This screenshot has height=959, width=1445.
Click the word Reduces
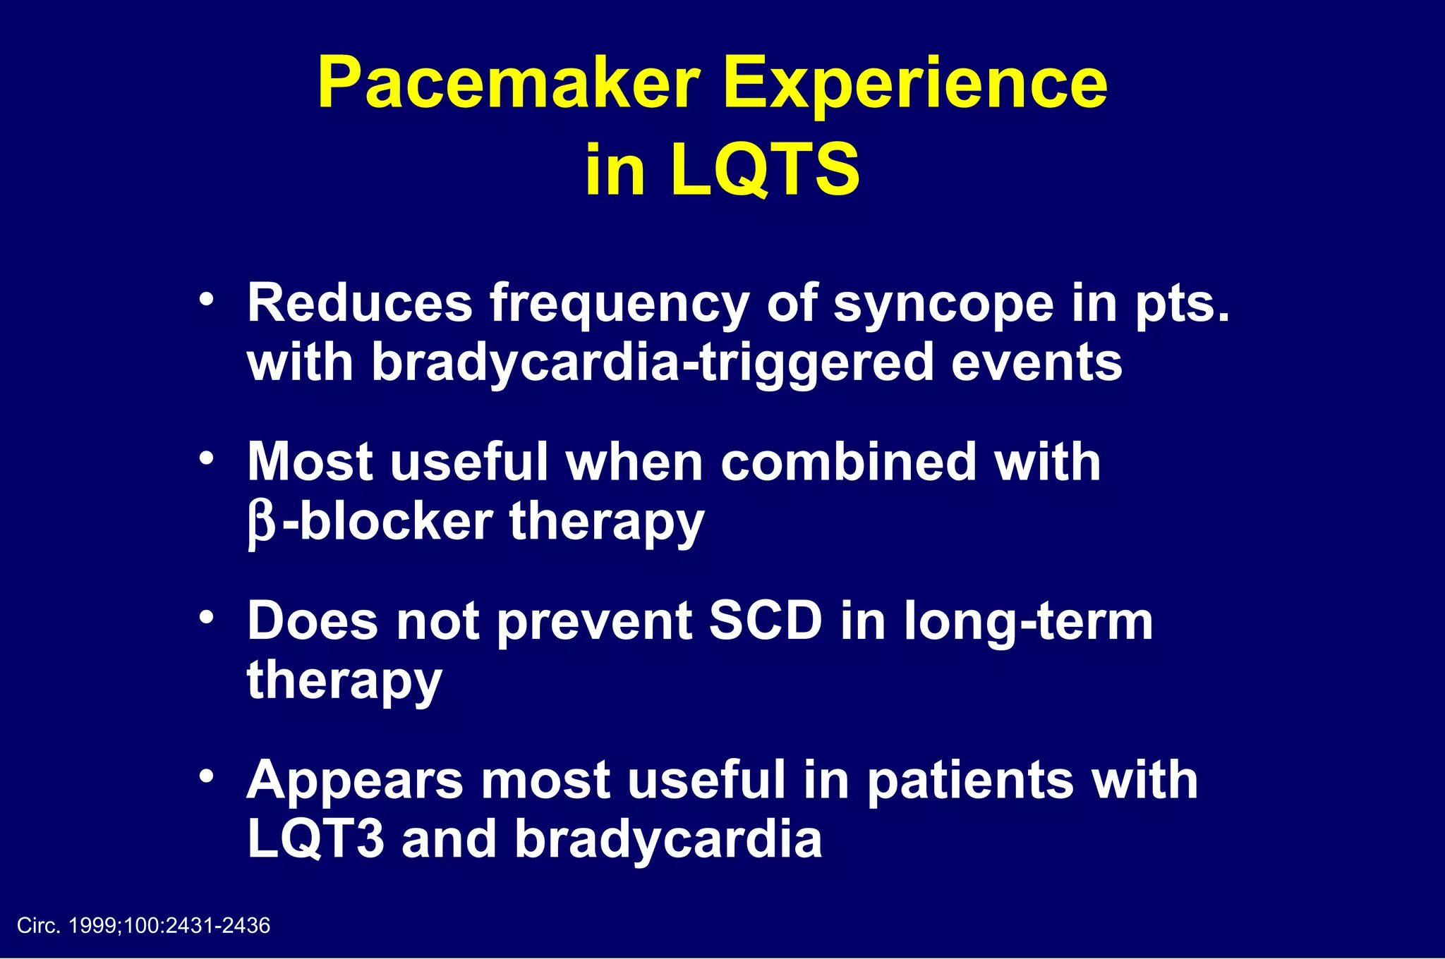[x=359, y=303]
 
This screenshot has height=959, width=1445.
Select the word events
[x=1036, y=362]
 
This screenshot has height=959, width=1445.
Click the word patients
[x=969, y=781]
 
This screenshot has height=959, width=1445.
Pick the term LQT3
[x=316, y=839]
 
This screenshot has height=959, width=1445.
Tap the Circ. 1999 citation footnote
[x=143, y=926]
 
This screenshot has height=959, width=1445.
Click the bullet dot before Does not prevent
[x=206, y=618]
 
